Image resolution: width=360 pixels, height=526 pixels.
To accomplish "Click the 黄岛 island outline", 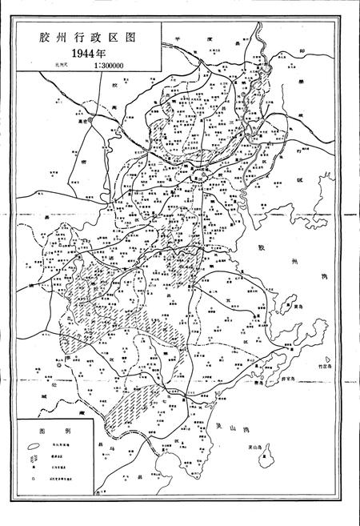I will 287,303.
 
